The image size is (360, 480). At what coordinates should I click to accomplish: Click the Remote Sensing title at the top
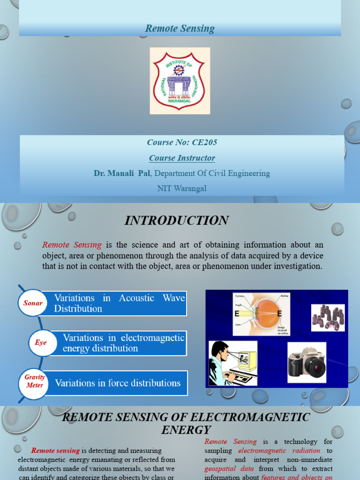pyautogui.click(x=180, y=29)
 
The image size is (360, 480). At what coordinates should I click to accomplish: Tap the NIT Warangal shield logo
pyautogui.click(x=180, y=81)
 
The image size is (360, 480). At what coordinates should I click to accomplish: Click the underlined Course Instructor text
pyautogui.click(x=182, y=158)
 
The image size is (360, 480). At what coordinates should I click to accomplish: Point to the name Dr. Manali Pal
pyautogui.click(x=122, y=173)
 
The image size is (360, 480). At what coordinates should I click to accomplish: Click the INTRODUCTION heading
pyautogui.click(x=176, y=220)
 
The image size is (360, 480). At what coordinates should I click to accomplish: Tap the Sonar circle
pyautogui.click(x=33, y=303)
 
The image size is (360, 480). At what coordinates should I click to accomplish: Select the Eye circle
pyautogui.click(x=41, y=343)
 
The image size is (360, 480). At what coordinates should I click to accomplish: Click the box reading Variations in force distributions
pyautogui.click(x=118, y=383)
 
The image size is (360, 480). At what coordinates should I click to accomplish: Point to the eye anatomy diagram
pyautogui.click(x=261, y=314)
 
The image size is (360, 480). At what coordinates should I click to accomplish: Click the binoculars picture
pyautogui.click(x=328, y=317)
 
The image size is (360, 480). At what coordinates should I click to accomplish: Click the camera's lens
pyautogui.click(x=315, y=367)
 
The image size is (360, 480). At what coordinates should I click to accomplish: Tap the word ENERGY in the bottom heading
pyautogui.click(x=186, y=429)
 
